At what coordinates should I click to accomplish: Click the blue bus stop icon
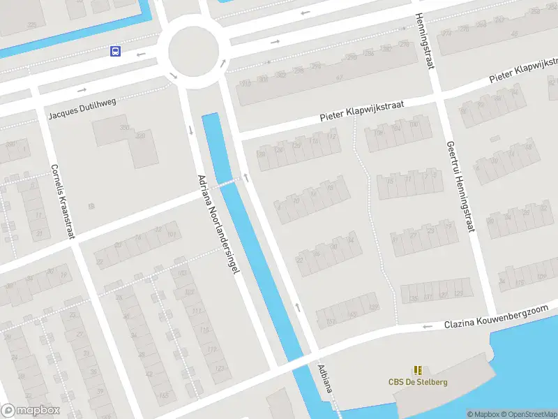click(x=114, y=51)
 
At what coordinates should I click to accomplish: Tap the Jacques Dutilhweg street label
click(x=82, y=110)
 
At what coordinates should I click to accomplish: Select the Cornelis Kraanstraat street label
click(x=62, y=202)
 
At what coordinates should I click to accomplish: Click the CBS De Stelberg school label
click(x=418, y=382)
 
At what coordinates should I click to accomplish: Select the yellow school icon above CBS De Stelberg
click(x=418, y=370)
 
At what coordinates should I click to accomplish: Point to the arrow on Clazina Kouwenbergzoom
click(x=427, y=326)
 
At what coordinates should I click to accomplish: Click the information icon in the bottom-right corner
click(x=470, y=414)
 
